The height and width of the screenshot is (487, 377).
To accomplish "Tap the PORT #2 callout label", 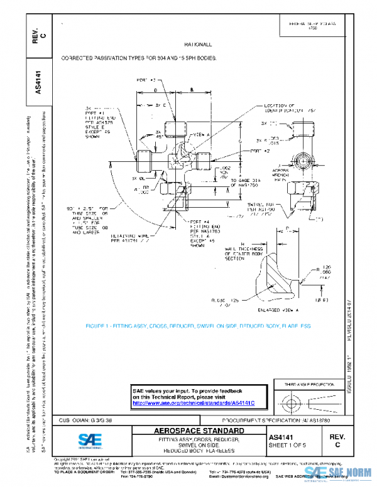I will tap(259, 151).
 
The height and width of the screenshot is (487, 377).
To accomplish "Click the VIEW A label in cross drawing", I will tap(199, 135).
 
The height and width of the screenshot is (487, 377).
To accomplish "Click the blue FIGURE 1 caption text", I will tap(191, 326).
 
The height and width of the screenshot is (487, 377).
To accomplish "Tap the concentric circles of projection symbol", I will tap(288, 400).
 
